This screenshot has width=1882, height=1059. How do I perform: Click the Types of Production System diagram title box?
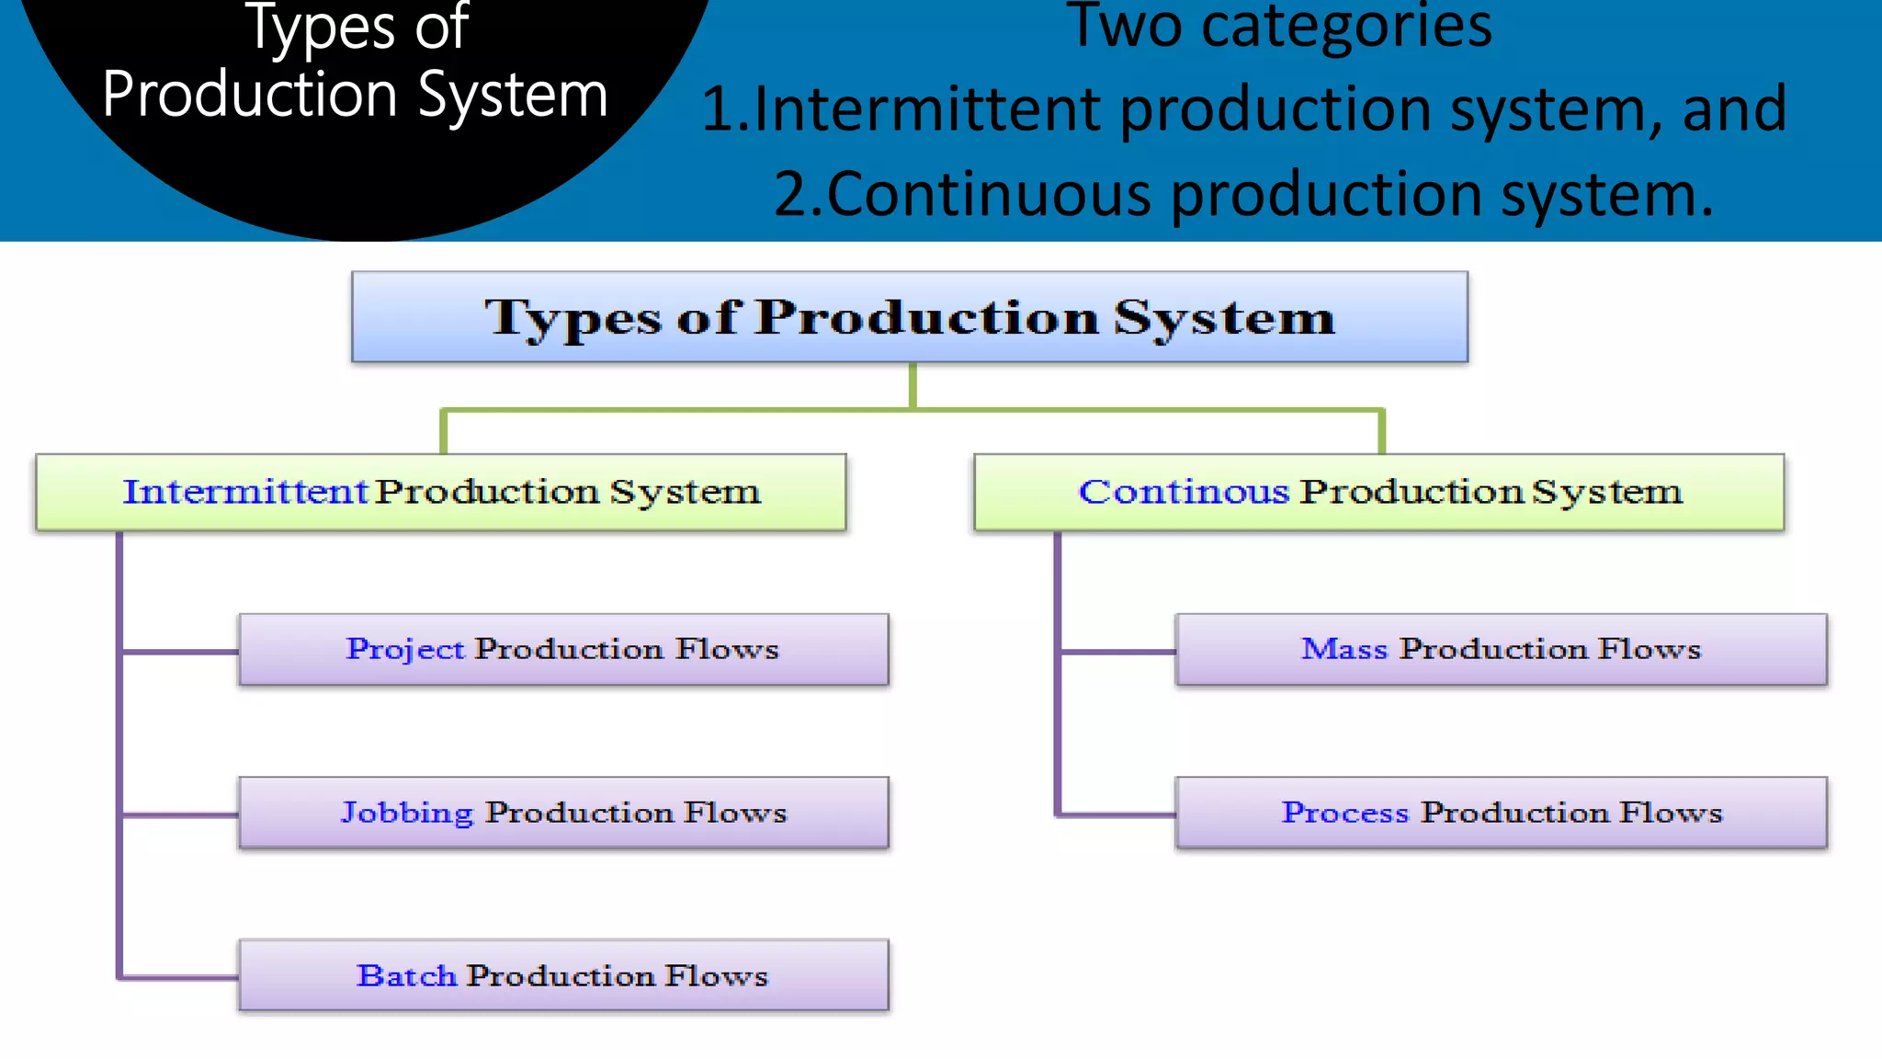click(909, 317)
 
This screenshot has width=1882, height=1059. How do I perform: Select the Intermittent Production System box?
click(441, 492)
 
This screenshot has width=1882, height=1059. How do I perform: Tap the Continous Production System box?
click(1378, 492)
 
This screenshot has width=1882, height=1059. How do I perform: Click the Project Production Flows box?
click(563, 649)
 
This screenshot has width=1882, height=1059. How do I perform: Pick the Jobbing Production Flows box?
click(563, 813)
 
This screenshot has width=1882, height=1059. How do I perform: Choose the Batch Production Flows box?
click(563, 975)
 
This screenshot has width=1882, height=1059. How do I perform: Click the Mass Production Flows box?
click(1501, 649)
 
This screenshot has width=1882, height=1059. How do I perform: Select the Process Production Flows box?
click(1501, 813)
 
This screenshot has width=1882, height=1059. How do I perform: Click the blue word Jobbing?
click(407, 813)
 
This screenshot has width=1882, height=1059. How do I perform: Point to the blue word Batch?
click(406, 975)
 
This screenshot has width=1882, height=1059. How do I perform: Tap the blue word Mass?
click(1343, 649)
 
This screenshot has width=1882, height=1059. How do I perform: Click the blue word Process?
click(1344, 813)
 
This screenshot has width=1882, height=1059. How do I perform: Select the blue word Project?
click(405, 649)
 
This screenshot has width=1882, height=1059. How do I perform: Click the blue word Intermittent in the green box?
click(245, 492)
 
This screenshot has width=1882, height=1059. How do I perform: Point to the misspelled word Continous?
click(1184, 492)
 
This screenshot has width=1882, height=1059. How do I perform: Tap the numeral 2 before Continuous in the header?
click(791, 195)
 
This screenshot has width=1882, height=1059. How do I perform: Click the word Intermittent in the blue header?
click(928, 109)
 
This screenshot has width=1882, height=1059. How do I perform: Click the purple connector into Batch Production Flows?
click(179, 977)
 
